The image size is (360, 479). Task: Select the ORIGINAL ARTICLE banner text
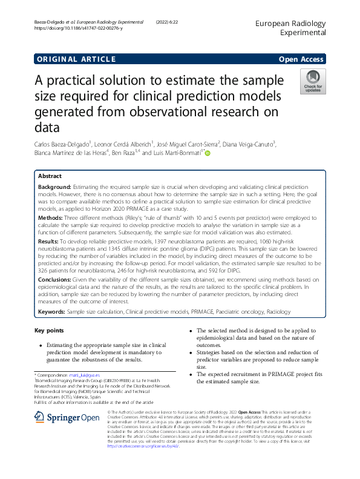click(76, 59)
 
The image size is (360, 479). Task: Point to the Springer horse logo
click(40, 417)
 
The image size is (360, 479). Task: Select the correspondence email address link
click(87, 375)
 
